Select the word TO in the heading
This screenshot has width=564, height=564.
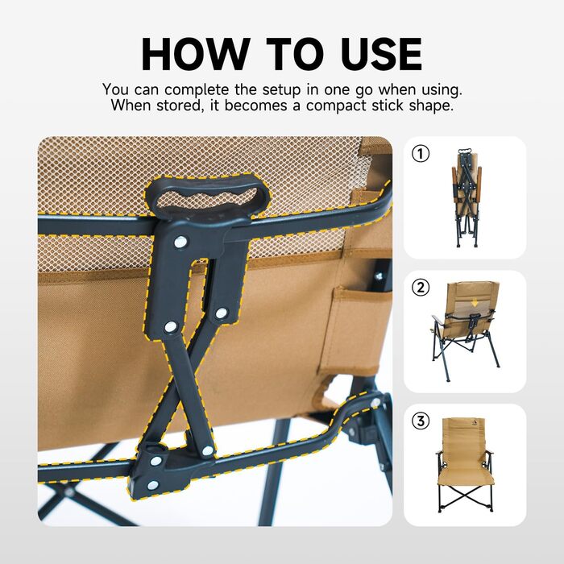[x=295, y=54]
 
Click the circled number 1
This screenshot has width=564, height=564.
[x=421, y=154]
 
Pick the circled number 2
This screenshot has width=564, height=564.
[x=421, y=288]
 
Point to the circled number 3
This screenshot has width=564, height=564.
[x=421, y=421]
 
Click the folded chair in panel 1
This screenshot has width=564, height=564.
[x=467, y=197]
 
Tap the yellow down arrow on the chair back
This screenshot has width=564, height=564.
[x=475, y=303]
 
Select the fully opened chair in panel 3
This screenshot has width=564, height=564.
[x=465, y=464]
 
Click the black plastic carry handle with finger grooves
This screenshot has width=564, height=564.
[x=208, y=195]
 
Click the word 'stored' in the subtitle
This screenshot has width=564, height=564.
[x=179, y=106]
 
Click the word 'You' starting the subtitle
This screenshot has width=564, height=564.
[x=114, y=89]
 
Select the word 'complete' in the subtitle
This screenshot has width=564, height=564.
[x=197, y=90]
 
